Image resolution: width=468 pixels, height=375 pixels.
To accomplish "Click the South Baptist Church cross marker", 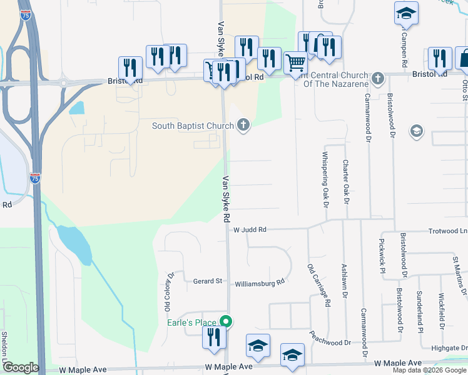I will tap(244, 126).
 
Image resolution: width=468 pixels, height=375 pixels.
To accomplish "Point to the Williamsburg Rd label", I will tap(260, 282).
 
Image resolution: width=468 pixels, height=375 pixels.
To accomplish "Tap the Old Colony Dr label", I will tap(167, 292).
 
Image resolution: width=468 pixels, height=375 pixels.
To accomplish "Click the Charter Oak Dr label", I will tap(345, 181).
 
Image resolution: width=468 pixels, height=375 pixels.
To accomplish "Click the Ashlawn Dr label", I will tap(344, 283).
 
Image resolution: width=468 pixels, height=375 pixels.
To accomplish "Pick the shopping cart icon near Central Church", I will tap(295, 62).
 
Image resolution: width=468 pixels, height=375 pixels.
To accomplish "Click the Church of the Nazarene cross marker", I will tap(377, 79).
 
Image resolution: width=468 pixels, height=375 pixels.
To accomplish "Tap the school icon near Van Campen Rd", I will tap(405, 13).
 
